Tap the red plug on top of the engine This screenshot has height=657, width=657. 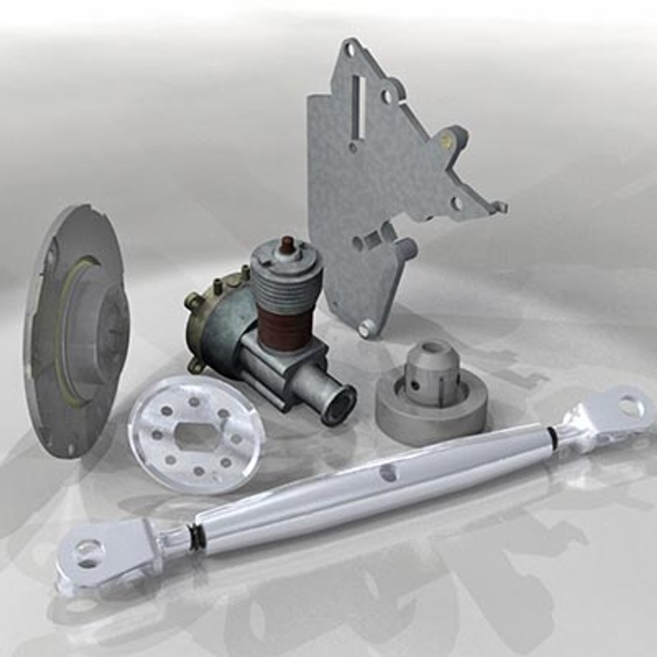click(287, 245)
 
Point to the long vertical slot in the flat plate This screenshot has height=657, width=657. click(360, 107)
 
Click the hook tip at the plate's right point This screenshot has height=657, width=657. click(501, 207)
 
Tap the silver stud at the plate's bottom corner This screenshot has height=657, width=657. click(364, 328)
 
